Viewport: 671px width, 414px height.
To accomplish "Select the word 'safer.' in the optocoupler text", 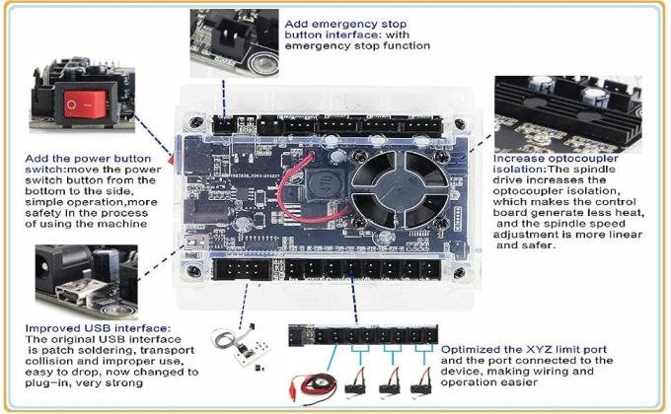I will point(517,244).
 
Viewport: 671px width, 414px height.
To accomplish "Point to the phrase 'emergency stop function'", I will point(358,45).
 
